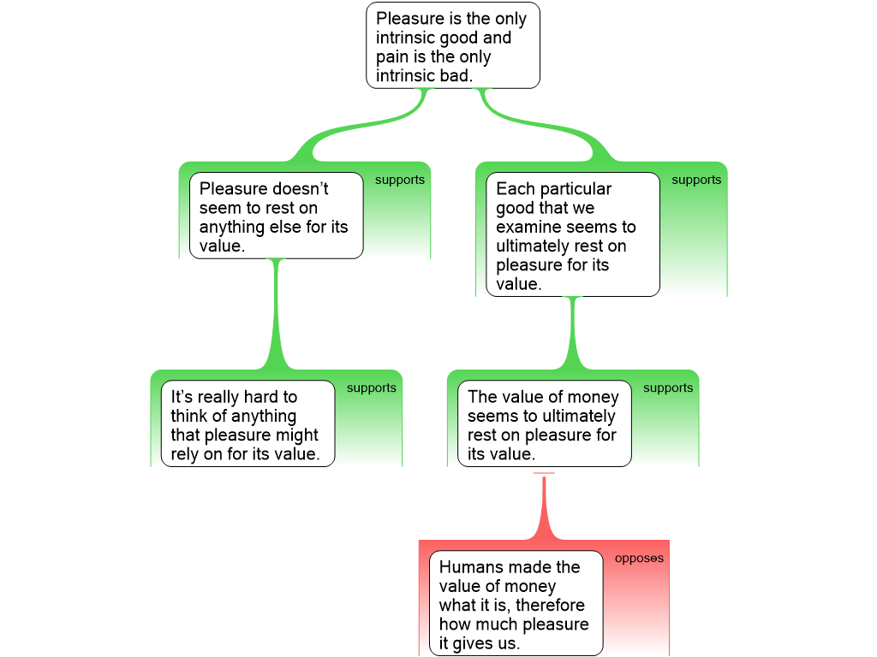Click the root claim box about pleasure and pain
coord(453,45)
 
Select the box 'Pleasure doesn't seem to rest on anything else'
coord(276,216)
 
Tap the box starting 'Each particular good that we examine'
coord(573,235)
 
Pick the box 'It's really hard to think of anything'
coord(248,423)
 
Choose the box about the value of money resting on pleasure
coord(544,424)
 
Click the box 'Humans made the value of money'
coord(516,604)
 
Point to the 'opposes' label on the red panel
coord(639,559)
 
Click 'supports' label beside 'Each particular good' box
coord(696,181)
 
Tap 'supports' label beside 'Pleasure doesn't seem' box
coord(400,181)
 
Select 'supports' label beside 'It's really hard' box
coord(372,388)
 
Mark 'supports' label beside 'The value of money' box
coord(668,388)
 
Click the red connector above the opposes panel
coord(544,509)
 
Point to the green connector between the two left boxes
coord(276,317)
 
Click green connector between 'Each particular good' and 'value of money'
coord(572,334)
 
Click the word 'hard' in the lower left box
coord(262,398)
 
